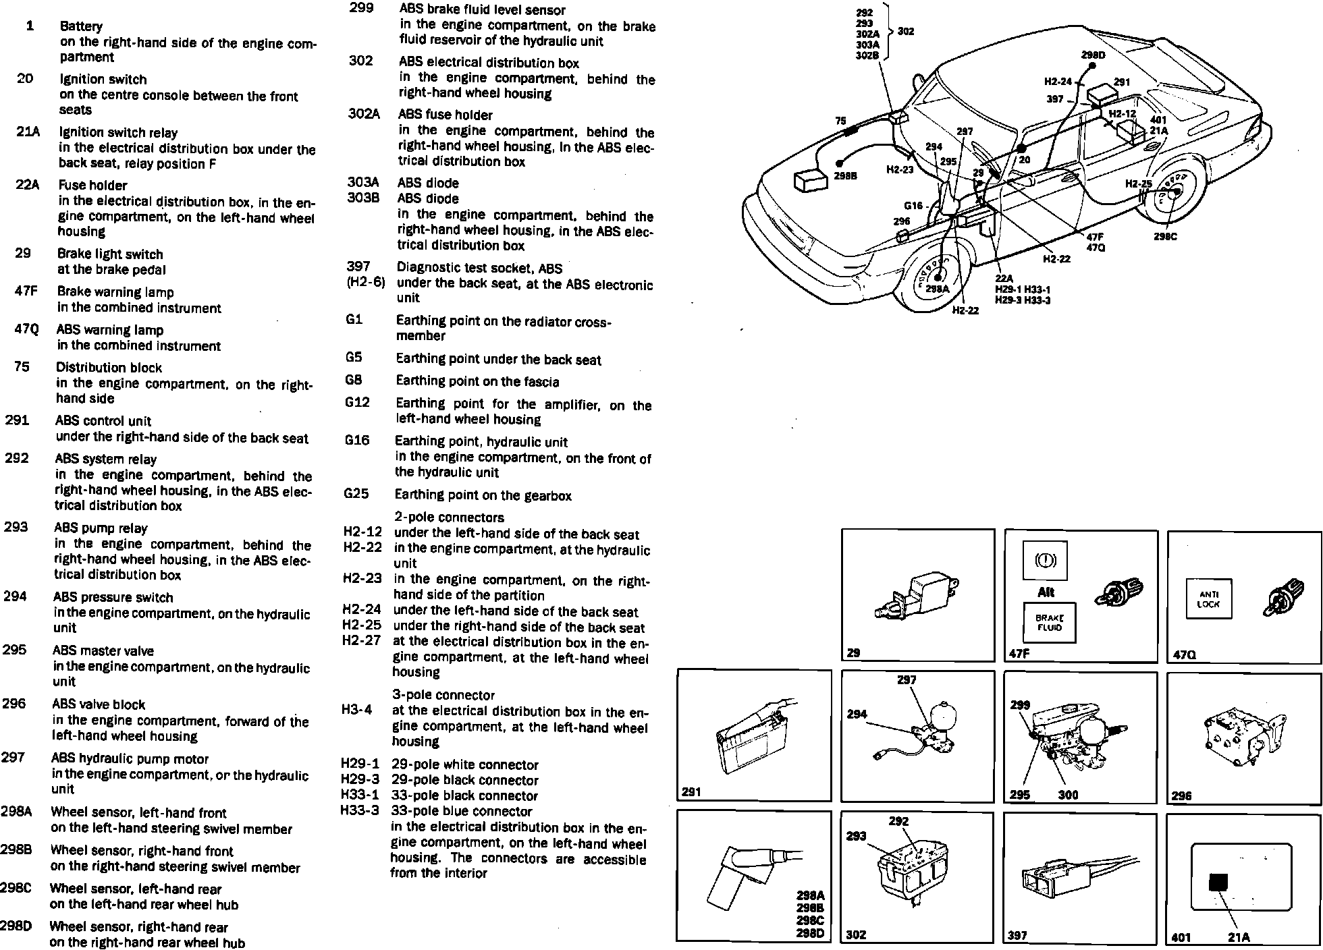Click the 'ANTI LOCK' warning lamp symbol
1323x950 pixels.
tap(1208, 600)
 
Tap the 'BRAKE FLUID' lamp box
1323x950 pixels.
tap(1049, 622)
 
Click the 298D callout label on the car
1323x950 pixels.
tap(1093, 55)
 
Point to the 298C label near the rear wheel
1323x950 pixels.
tap(1165, 237)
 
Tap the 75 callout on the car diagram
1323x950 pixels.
tap(840, 121)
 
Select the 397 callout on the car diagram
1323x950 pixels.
tap(1055, 99)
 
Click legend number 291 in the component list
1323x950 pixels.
tap(17, 421)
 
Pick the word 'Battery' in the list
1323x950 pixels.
tap(81, 26)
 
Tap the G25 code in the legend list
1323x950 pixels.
tap(356, 494)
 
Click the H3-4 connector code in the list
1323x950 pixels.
tap(356, 710)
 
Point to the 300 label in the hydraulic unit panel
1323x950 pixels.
tap(1068, 795)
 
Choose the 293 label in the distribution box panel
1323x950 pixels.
tap(856, 836)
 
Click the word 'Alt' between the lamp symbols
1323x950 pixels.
tap(1046, 592)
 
